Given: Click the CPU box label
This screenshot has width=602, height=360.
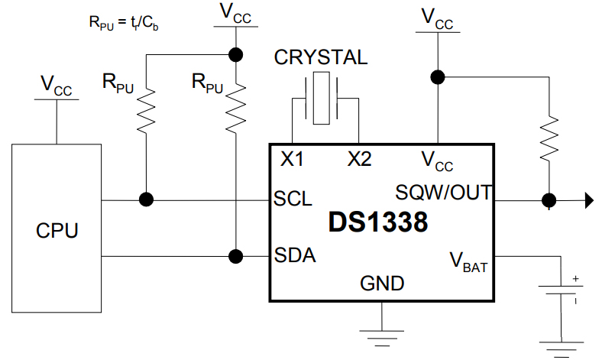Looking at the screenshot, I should [x=57, y=230].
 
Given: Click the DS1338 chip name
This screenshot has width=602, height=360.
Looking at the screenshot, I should [x=378, y=222].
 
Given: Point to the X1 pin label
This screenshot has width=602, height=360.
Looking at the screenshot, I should [x=292, y=160].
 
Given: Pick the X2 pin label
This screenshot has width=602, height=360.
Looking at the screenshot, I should [x=359, y=160].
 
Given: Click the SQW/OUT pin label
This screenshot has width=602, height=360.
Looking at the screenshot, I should [x=444, y=190].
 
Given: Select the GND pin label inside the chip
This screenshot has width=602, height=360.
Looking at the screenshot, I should [x=382, y=284].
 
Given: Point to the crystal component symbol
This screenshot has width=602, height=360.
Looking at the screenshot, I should [x=325, y=99].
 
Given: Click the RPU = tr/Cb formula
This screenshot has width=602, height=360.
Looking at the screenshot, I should [x=123, y=22].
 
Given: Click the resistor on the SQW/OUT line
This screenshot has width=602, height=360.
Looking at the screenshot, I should [x=548, y=138].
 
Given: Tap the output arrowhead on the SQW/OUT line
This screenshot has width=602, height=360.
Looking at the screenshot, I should [x=588, y=201].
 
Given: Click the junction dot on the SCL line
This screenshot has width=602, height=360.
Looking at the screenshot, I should [x=145, y=199].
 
